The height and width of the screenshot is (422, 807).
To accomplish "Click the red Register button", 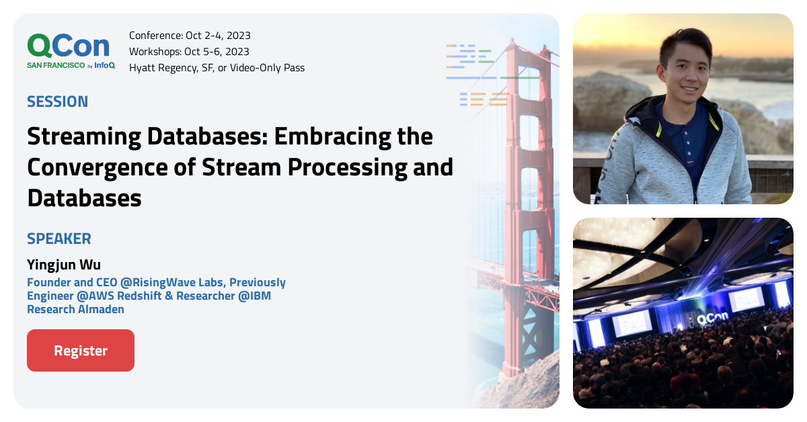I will [x=81, y=350].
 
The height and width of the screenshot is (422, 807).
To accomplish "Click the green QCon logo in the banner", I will [x=69, y=46].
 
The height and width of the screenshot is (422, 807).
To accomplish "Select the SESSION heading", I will [x=57, y=101].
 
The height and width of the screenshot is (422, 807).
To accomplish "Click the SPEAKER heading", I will [x=59, y=239].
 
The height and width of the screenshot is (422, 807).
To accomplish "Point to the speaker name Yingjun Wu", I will [x=64, y=264].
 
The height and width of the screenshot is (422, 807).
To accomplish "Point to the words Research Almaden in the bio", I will [x=75, y=309].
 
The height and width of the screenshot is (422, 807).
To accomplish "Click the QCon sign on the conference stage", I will [x=713, y=321].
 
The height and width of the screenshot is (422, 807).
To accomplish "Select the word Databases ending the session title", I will [x=84, y=198].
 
